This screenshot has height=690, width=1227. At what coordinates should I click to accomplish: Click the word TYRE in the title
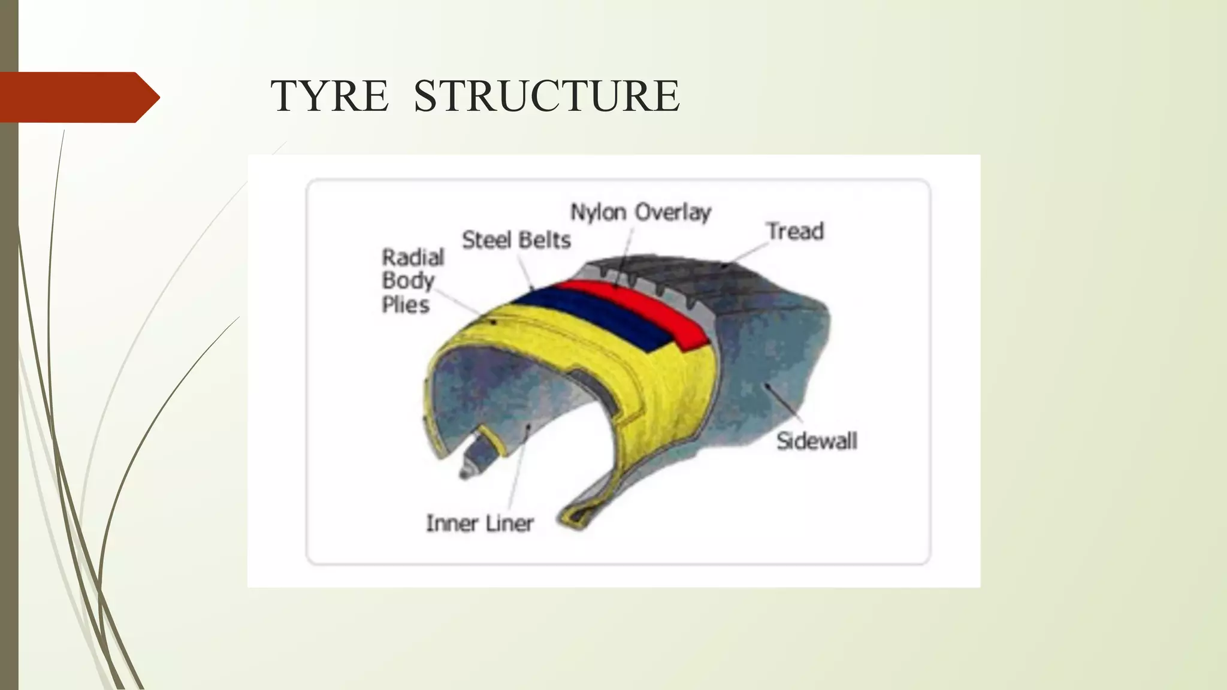tap(329, 96)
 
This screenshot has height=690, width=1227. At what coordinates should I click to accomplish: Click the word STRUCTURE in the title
tap(546, 96)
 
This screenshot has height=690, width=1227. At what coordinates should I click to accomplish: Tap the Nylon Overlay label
tap(640, 212)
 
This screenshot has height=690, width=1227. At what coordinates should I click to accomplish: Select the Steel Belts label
tap(516, 240)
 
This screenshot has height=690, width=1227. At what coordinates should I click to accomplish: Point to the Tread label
tap(795, 231)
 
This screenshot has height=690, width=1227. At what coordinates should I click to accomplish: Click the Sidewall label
tap(817, 441)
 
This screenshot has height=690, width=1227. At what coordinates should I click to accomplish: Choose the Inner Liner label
tap(479, 523)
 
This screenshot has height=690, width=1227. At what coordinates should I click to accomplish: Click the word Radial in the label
tap(413, 258)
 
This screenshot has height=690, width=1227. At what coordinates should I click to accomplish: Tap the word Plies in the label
tap(406, 305)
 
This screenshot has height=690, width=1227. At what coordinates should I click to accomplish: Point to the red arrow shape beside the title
tap(78, 97)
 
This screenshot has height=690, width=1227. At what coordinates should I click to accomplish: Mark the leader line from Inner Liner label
tap(518, 467)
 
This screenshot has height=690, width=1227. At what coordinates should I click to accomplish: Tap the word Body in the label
tap(407, 280)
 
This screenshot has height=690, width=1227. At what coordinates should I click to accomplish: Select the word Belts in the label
tap(545, 240)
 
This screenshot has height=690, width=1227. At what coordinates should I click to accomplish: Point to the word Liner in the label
tap(509, 523)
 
